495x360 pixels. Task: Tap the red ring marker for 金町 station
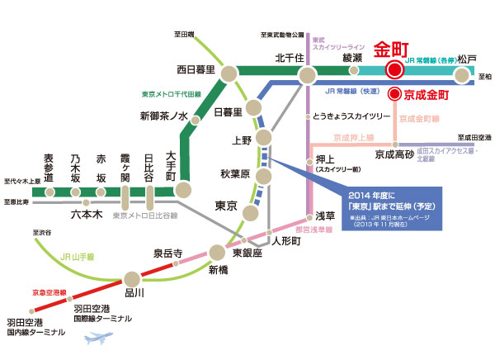pos(394,72)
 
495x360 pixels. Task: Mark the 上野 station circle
pos(264,136)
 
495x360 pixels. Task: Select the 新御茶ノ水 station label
pos(165,116)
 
